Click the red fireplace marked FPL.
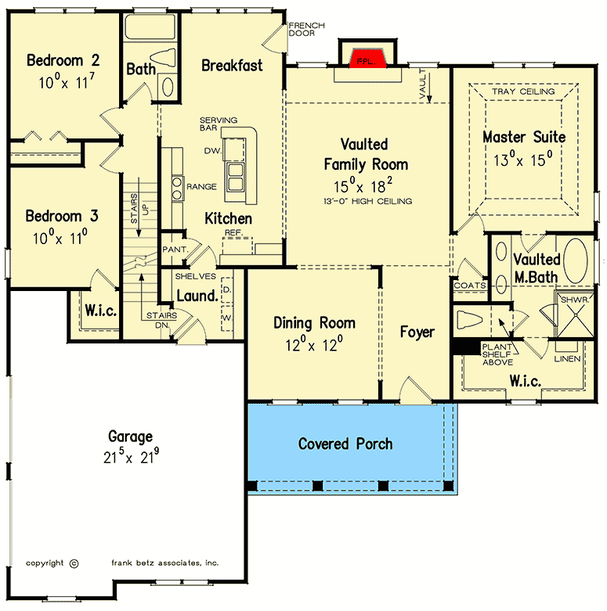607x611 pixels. tap(367, 59)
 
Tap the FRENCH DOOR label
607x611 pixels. tap(306, 29)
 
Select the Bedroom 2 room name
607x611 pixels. tap(63, 60)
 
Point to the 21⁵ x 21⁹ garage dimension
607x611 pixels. tap(131, 456)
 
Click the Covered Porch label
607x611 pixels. tap(345, 444)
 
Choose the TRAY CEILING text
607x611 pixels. tap(523, 92)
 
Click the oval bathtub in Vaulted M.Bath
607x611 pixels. tap(576, 261)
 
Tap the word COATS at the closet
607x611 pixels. tap(470, 286)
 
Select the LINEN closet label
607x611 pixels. tap(567, 358)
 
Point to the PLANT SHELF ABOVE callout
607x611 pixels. tap(497, 354)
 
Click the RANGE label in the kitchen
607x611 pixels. tap(201, 187)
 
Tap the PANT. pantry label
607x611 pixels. tap(175, 250)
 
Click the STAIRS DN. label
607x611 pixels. tap(161, 320)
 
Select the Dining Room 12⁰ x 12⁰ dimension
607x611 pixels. tap(314, 345)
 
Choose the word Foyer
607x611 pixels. tap(417, 332)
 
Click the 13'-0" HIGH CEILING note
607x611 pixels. tap(367, 201)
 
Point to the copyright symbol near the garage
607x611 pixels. tap(74, 563)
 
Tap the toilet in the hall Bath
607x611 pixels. tap(163, 58)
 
